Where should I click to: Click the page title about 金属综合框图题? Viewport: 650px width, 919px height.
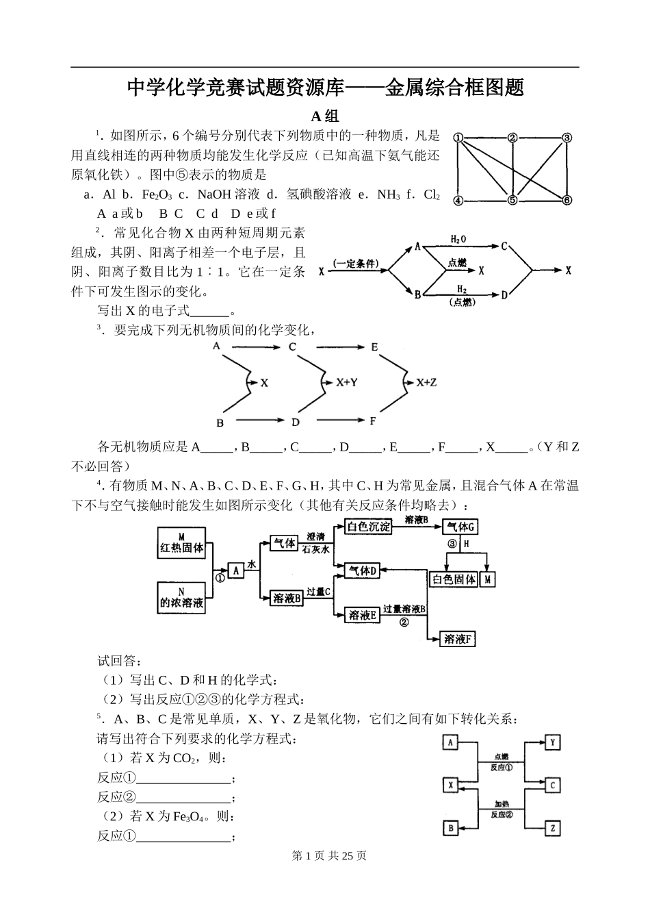pyautogui.click(x=325, y=88)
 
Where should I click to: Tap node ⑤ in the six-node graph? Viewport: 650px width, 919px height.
pyautogui.click(x=512, y=200)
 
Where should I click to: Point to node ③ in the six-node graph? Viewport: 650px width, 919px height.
pyautogui.click(x=567, y=138)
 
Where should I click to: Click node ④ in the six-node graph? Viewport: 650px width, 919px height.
pyautogui.click(x=458, y=200)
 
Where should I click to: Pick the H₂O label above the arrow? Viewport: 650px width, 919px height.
pyautogui.click(x=458, y=239)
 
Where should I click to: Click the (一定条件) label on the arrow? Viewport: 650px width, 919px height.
pyautogui.click(x=356, y=264)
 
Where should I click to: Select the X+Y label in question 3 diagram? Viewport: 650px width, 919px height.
pyautogui.click(x=347, y=383)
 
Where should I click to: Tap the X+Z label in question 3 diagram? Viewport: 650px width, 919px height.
pyautogui.click(x=426, y=383)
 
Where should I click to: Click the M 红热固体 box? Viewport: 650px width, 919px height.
pyautogui.click(x=181, y=542)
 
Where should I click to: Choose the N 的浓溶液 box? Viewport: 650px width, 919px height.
pyautogui.click(x=181, y=597)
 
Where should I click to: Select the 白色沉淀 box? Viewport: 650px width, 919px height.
pyautogui.click(x=369, y=527)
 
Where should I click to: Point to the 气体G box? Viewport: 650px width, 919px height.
pyautogui.click(x=460, y=527)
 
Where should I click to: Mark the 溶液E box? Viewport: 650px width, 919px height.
pyautogui.click(x=363, y=615)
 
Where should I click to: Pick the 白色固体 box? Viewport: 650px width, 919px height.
pyautogui.click(x=454, y=579)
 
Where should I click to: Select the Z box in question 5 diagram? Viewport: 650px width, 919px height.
pyautogui.click(x=552, y=829)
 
